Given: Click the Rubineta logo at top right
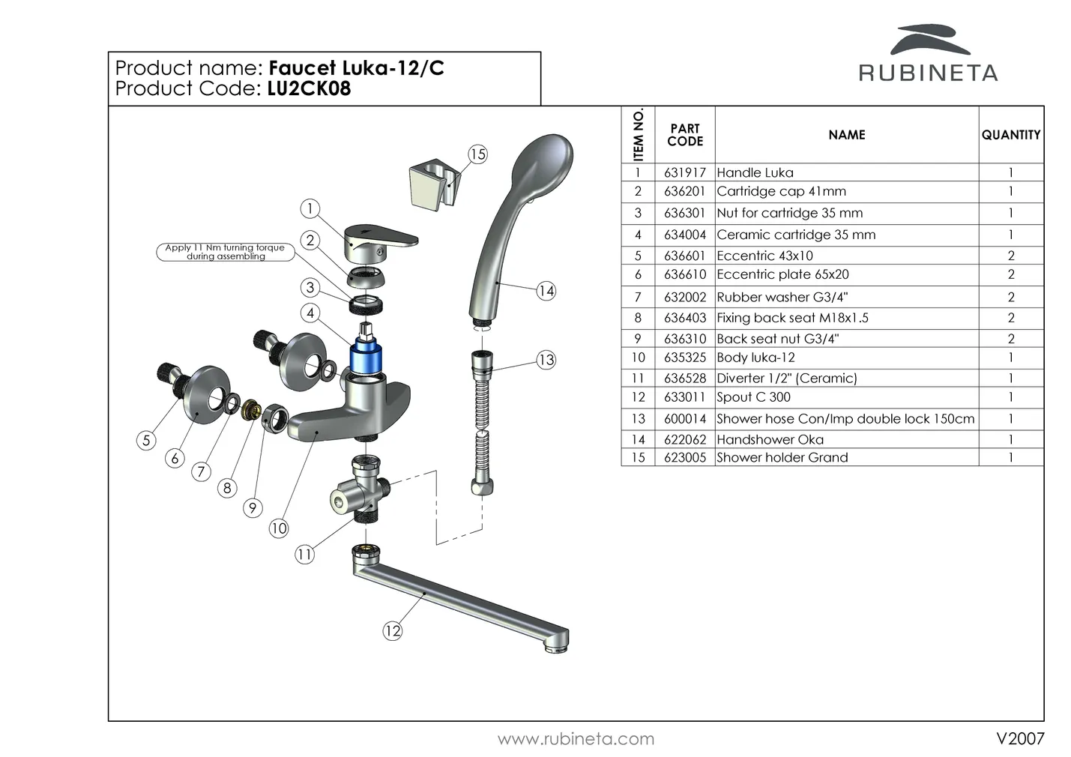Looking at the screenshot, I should [928, 54].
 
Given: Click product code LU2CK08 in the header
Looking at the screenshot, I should [309, 88].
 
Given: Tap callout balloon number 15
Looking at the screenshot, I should [477, 154].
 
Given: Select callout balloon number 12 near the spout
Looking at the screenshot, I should [393, 630].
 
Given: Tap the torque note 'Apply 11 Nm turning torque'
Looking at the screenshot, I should [225, 252].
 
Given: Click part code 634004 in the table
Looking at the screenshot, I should [684, 235].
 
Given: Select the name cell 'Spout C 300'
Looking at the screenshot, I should [753, 397].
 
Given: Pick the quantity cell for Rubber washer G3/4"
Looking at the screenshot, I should [1010, 297].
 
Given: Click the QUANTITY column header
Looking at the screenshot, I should [1010, 135].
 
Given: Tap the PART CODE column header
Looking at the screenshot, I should [684, 135].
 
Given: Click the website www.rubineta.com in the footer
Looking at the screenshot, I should [576, 739].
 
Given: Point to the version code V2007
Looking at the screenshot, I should [1019, 738].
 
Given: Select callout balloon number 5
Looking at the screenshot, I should [147, 440].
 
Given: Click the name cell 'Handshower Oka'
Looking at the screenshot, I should [770, 439].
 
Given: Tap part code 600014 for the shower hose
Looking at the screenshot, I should [684, 419].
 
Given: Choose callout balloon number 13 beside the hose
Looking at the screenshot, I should [546, 360].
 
